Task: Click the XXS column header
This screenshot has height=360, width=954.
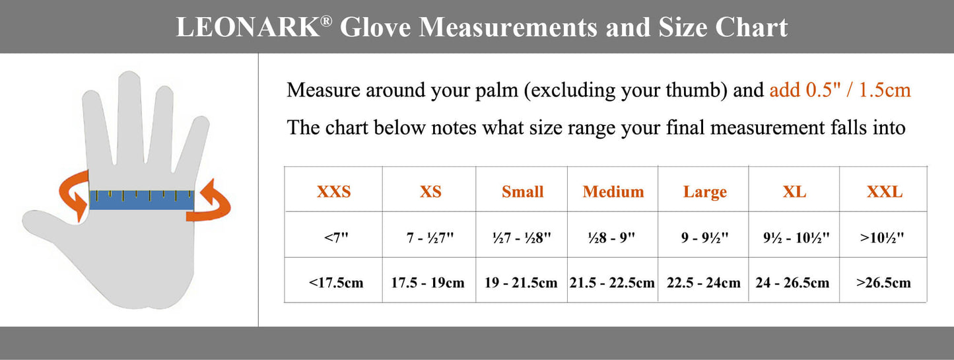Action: point(333,192)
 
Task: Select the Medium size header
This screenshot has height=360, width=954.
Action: point(613,192)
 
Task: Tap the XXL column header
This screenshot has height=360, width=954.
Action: point(885,192)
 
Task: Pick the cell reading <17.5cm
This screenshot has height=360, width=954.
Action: point(336,283)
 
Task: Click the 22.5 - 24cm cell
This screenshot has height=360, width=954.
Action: point(704,283)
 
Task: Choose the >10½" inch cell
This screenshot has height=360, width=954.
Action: point(881,237)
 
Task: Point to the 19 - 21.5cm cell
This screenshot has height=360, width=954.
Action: point(521,283)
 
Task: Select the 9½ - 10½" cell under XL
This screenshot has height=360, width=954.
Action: point(796,237)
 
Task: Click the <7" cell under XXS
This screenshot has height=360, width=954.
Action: point(336,237)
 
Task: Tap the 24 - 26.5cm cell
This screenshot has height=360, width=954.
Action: point(793,283)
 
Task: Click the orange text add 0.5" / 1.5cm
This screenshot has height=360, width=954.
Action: point(840,90)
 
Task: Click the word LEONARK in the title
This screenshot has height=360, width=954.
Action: point(248,27)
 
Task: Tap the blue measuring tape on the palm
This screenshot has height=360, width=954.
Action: point(142,199)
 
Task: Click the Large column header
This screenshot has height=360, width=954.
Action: point(705,192)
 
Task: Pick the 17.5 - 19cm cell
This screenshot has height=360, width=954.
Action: point(428,283)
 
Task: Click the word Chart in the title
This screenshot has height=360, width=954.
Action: point(751,27)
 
